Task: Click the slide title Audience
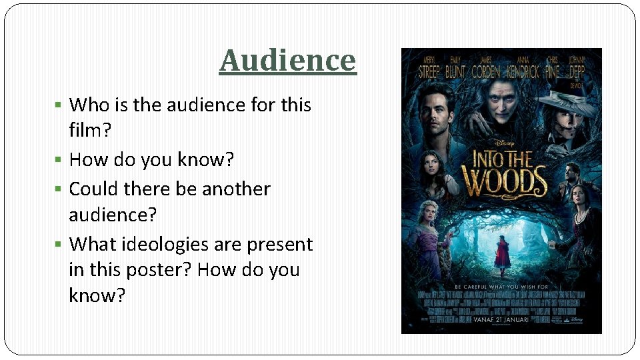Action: [288, 60]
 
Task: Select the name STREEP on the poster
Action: [429, 72]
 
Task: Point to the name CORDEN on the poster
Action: [486, 72]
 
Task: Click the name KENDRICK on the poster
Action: [526, 72]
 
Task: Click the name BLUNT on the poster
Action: [455, 72]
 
